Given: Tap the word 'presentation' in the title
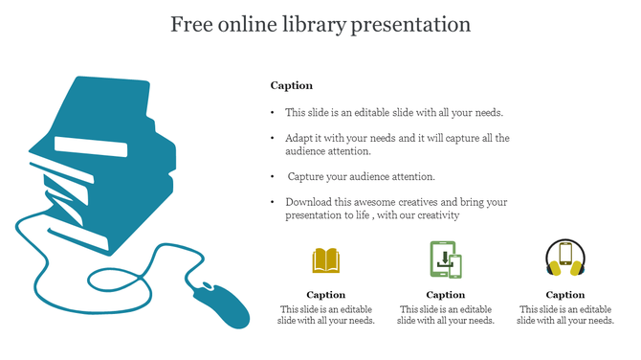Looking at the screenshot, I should (411, 24).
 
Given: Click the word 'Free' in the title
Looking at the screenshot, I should (191, 24).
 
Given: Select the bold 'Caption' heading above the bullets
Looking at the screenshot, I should (291, 85).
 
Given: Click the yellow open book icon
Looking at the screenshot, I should (326, 259).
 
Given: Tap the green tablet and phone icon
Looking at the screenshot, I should (446, 259).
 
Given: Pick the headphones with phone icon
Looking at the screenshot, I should (564, 259).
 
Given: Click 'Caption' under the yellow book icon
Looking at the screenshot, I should (326, 295).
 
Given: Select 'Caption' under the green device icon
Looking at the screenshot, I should (446, 295).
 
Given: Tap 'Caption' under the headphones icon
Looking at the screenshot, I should (565, 295).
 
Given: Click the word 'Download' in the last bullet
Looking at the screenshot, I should (308, 202).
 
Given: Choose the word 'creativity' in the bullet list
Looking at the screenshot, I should (437, 215).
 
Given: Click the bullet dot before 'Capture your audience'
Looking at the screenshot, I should (274, 176).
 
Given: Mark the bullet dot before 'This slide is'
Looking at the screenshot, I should (274, 112).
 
